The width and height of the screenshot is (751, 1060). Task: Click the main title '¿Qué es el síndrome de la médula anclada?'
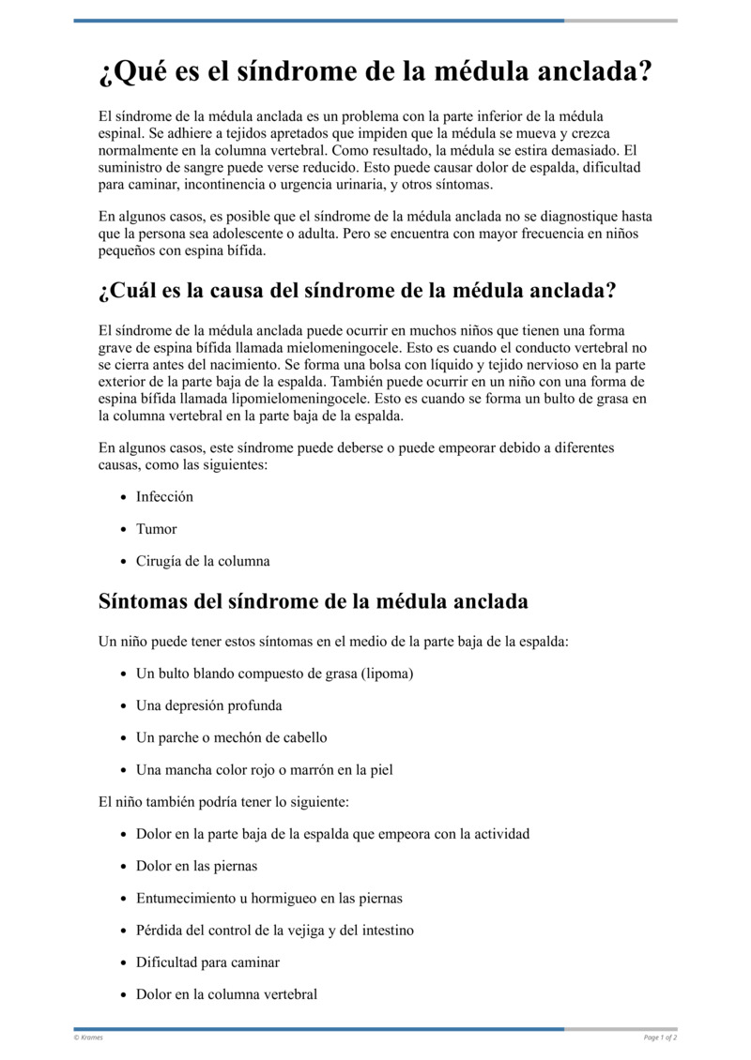click(375, 72)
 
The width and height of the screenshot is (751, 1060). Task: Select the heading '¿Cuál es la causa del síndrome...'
click(357, 291)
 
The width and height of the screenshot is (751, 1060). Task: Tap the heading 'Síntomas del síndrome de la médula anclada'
click(314, 601)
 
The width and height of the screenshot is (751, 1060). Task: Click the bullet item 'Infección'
click(164, 496)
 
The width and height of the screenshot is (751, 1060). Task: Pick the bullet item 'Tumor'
click(156, 529)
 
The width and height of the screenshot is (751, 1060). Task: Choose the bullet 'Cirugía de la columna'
click(203, 561)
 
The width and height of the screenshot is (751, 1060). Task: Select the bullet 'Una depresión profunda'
click(208, 705)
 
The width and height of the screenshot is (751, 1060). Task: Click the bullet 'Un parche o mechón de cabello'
click(231, 737)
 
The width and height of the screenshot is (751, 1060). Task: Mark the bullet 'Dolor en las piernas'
click(196, 866)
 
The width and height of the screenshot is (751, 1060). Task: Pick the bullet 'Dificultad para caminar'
click(207, 962)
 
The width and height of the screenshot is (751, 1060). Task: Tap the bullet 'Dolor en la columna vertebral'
click(226, 993)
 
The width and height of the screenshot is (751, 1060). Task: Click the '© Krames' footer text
click(88, 1037)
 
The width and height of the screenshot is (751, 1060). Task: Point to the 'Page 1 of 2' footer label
click(660, 1037)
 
